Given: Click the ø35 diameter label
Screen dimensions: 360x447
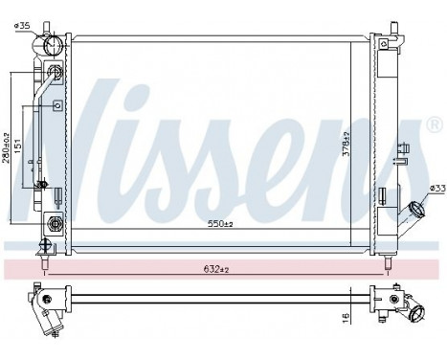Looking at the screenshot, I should (x=24, y=25).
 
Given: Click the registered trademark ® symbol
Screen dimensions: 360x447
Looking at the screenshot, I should (x=435, y=126).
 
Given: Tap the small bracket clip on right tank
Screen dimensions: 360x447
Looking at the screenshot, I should (x=406, y=148).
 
